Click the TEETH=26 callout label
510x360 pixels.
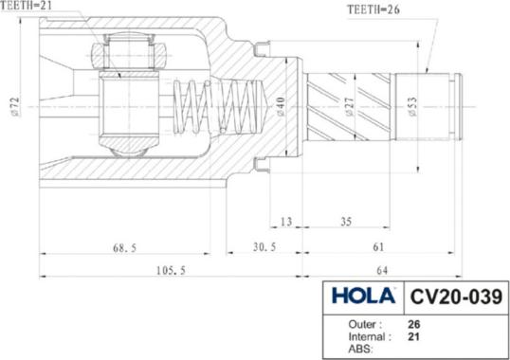[373, 9]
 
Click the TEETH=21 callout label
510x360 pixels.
[26, 5]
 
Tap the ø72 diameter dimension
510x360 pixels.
[15, 106]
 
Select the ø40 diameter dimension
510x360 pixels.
[281, 106]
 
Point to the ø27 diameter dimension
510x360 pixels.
[349, 106]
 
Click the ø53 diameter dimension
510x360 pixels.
[412, 106]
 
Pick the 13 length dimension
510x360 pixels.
[286, 222]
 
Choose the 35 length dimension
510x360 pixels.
[346, 222]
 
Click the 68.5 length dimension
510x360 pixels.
[124, 248]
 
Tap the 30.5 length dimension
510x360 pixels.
[264, 247]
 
